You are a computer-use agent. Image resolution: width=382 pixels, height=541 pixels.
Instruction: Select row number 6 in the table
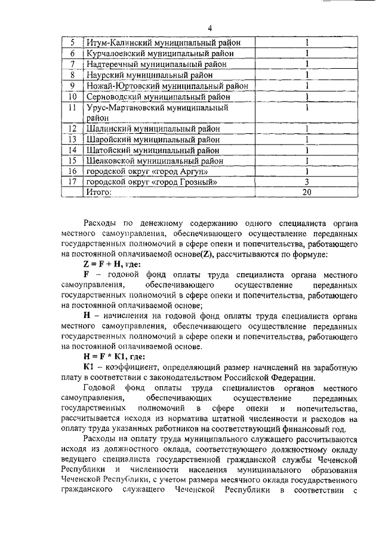[72, 53]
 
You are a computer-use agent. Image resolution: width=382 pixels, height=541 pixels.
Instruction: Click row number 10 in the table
[72, 96]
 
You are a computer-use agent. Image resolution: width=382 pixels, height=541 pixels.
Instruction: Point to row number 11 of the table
[72, 108]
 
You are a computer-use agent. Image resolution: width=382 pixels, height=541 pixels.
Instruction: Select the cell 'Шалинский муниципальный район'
[153, 129]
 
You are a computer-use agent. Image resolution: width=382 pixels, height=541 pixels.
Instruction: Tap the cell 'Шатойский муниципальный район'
[153, 150]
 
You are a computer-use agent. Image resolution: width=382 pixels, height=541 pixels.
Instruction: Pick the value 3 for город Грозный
[306, 182]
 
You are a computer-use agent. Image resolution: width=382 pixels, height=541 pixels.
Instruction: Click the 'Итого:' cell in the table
[99, 192]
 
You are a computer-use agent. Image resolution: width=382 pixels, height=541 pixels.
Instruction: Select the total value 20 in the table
[306, 192]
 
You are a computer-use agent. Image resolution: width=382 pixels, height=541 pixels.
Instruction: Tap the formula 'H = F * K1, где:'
[118, 354]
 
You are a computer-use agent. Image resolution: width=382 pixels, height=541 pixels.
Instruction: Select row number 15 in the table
[72, 161]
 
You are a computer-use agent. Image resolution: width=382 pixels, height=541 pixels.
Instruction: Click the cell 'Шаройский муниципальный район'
[153, 139]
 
